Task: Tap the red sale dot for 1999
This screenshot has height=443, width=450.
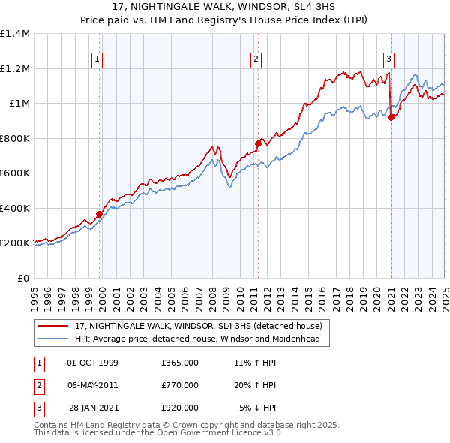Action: coord(99,215)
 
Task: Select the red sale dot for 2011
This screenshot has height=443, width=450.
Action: coord(258,143)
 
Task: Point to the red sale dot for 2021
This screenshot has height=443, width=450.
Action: coord(391,116)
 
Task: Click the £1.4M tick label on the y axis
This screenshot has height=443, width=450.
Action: coord(15,34)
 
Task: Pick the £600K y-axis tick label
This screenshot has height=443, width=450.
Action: coord(15,173)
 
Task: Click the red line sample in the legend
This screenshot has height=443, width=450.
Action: coord(52,327)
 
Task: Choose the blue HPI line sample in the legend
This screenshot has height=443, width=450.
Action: coord(52,339)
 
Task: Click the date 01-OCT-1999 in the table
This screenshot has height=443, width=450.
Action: coord(92,363)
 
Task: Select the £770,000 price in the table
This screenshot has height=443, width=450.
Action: coord(180,385)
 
